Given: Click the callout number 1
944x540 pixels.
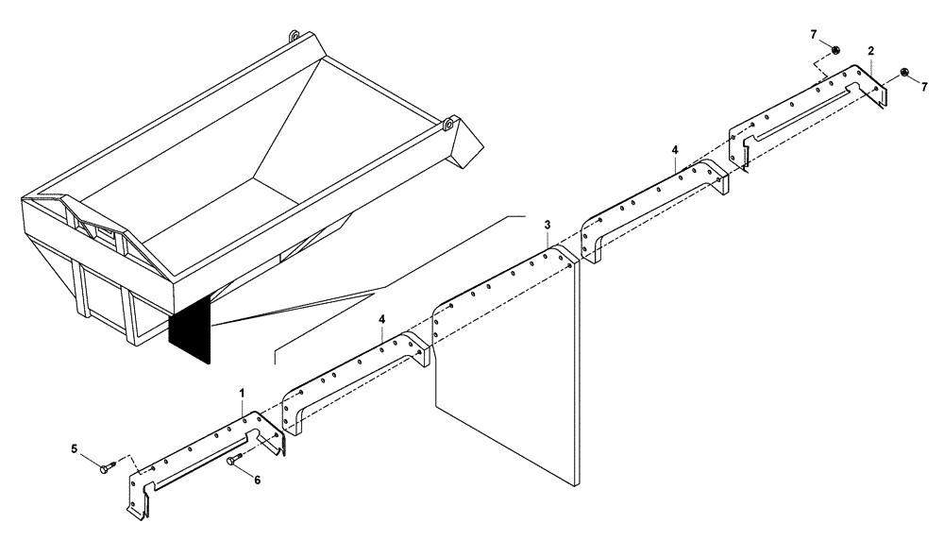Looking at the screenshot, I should tap(242, 391).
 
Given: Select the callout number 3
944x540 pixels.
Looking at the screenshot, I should tap(547, 225).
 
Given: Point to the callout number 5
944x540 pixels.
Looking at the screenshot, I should tap(75, 450).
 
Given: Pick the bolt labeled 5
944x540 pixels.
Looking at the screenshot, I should tap(105, 464).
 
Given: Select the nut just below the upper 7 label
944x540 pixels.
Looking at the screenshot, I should tap(836, 50).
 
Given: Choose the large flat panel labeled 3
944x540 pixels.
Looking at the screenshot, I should tap(505, 378).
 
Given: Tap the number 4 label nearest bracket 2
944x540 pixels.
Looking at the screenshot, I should tap(674, 150).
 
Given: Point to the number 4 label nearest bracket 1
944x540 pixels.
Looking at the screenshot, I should tap(382, 320).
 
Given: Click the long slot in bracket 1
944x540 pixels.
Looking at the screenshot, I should tap(203, 462).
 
